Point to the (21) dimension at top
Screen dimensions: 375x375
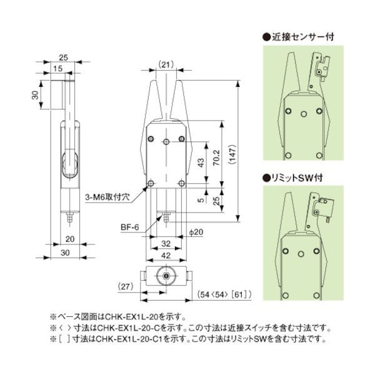pos(166,64)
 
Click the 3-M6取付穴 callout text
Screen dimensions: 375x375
pos(106,196)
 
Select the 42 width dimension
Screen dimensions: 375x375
pos(165,255)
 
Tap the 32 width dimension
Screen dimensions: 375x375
pos(165,243)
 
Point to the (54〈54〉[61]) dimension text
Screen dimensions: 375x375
pos(224,293)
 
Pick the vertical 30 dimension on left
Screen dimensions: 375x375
pos(36,95)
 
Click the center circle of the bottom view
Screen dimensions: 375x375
pos(166,276)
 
